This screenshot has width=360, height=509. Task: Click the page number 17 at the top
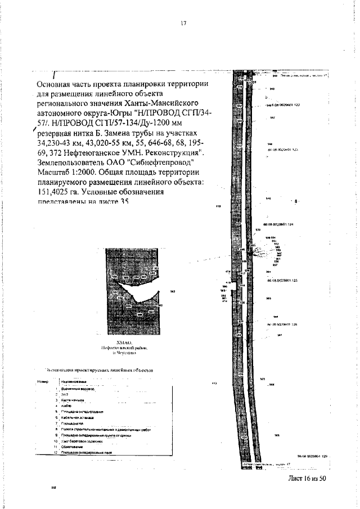coord(183,24)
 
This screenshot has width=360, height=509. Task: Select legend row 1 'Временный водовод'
coord(79,389)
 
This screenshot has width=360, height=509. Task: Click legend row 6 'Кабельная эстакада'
coord(79,418)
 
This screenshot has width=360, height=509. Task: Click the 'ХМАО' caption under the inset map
coord(123,341)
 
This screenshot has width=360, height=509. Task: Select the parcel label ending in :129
coord(312,457)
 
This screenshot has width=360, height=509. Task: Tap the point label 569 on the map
coord(276,436)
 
